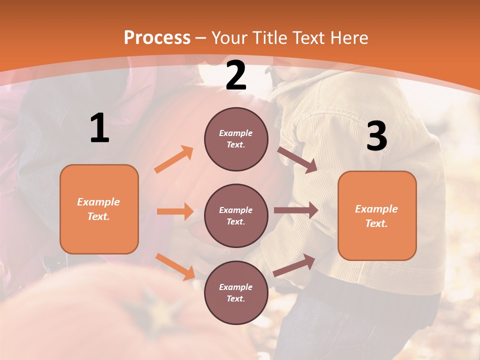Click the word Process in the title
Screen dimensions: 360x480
(x=157, y=38)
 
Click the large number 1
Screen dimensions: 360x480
(x=99, y=128)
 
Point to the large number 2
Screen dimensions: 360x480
(x=236, y=75)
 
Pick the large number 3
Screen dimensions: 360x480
(x=377, y=136)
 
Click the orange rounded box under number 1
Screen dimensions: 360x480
(x=99, y=209)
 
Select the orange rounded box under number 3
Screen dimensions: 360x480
(x=377, y=215)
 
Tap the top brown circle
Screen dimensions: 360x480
(x=236, y=139)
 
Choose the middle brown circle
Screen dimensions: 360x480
(x=236, y=215)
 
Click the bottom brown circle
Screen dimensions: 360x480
(x=236, y=292)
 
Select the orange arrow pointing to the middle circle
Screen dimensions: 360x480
(x=175, y=211)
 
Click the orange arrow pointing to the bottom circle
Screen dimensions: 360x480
(x=175, y=266)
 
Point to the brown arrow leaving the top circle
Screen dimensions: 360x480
(x=297, y=160)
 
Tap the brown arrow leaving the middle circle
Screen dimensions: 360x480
(x=295, y=210)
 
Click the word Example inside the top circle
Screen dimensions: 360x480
(x=236, y=133)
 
